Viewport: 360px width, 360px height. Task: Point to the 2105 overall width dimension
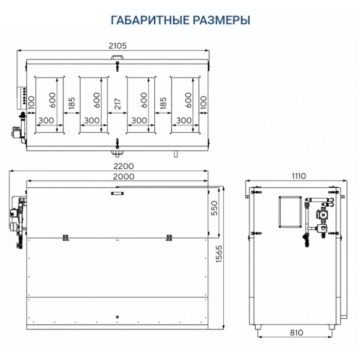pos(117,45)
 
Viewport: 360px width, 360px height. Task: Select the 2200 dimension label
pos(124,166)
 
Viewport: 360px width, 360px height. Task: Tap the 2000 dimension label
pos(124,176)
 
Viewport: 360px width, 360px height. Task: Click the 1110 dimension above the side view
pos(297,176)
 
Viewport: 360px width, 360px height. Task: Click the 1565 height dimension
pos(225,253)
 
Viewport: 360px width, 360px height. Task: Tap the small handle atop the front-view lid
pos(117,193)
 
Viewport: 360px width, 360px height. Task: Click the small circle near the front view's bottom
pos(118,316)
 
